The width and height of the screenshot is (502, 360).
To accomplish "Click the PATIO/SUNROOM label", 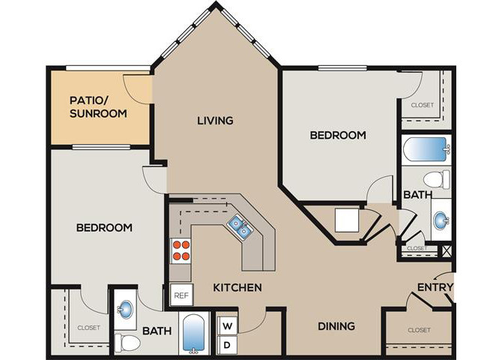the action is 98,107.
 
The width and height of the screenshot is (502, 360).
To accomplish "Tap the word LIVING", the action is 215,121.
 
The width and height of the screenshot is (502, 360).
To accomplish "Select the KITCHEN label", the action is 238,287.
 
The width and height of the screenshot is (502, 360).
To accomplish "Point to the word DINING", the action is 336,326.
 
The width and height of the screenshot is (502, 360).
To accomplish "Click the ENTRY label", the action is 435,287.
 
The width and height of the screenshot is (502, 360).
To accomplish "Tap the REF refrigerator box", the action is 181,295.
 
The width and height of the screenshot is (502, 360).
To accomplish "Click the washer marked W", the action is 227,326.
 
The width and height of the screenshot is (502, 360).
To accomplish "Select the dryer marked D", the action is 227,345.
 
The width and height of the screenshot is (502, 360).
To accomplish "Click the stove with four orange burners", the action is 181,251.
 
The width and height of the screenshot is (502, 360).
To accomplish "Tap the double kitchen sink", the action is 240,226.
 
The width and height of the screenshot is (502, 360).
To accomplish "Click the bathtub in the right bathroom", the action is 426,149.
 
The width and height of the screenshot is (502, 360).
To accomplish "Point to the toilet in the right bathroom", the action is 437,179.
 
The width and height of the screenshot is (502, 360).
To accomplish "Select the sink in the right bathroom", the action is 441,220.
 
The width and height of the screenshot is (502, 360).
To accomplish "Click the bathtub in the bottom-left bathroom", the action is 194,334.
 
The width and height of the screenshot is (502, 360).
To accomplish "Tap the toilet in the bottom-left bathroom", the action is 127,343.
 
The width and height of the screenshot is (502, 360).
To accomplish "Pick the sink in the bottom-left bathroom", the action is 125,309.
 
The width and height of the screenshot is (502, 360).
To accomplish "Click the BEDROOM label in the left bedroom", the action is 104,227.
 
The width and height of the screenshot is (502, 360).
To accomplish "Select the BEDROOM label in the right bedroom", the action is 338,135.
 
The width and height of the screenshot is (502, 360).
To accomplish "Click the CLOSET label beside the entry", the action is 419,330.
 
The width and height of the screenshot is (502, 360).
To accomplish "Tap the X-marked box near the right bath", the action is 447,250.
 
